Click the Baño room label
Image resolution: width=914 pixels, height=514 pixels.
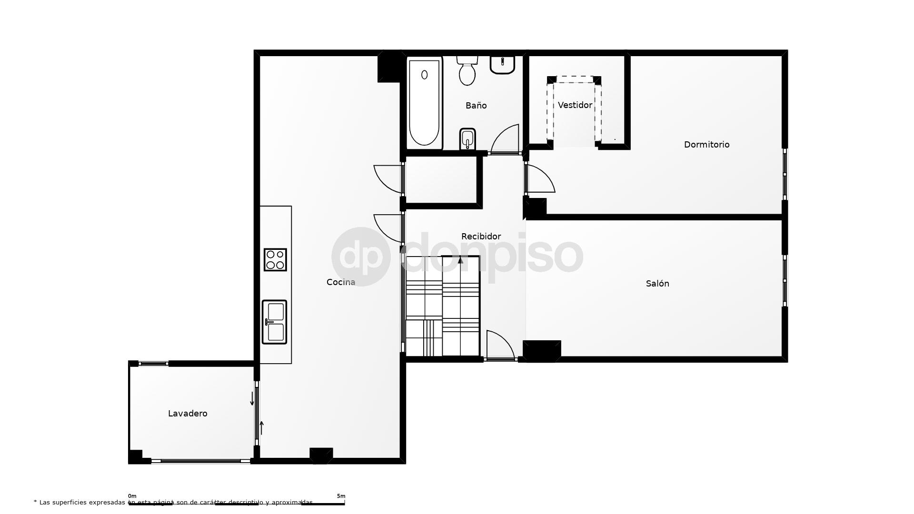pos(476,106)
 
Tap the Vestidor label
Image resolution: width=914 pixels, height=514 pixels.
pos(575,105)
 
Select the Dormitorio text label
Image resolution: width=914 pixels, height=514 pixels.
pos(706,145)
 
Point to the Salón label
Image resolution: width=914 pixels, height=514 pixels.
pos(657,284)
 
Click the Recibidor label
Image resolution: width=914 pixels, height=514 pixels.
pos(481,237)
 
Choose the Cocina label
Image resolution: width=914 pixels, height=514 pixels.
pos(341,282)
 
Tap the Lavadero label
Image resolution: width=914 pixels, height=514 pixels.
pos(188,414)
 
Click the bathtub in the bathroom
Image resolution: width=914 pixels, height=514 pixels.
pos(424,102)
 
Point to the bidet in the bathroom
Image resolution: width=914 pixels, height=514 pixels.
pos(467,138)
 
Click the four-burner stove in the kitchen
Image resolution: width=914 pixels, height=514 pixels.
pos(275,260)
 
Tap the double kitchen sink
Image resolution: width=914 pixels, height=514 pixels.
pos(274,322)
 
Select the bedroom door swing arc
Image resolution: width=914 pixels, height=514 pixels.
pos(541,179)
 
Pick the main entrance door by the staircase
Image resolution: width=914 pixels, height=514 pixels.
pos(500,345)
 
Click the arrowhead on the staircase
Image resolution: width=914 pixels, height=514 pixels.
pos(460,260)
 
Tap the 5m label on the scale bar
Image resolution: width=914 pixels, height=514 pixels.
pos(341,496)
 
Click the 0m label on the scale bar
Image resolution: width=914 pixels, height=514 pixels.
pos(132,496)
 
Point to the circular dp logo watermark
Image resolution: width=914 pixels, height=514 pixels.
pos(361,257)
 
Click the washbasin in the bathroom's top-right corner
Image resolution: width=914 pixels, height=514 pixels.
pos(503,65)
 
